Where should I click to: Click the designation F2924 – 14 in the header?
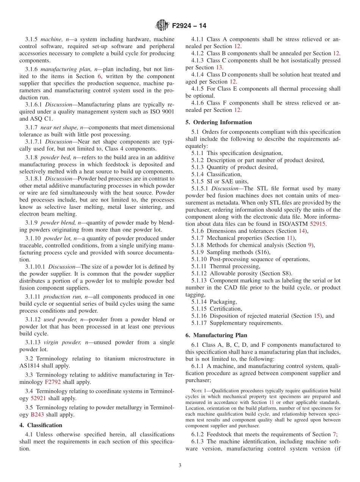click(189, 26)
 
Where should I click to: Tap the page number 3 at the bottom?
click(180, 466)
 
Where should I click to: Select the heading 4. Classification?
click(41, 425)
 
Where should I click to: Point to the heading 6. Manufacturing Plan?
click(216, 335)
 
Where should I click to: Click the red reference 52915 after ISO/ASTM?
click(318, 224)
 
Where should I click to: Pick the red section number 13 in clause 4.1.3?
click(219, 67)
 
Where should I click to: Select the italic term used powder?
click(61, 319)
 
